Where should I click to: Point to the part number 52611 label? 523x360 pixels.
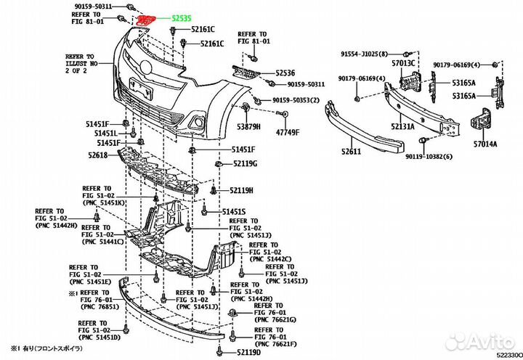pyautogui.click(x=352, y=152)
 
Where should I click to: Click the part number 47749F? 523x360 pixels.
pyautogui.click(x=287, y=133)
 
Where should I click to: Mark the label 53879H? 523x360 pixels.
pyautogui.click(x=247, y=128)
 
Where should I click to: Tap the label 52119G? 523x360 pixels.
pyautogui.click(x=245, y=165)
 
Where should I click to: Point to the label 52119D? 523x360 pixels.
pyautogui.click(x=248, y=352)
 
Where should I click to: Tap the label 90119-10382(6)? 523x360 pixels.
pyautogui.click(x=429, y=157)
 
